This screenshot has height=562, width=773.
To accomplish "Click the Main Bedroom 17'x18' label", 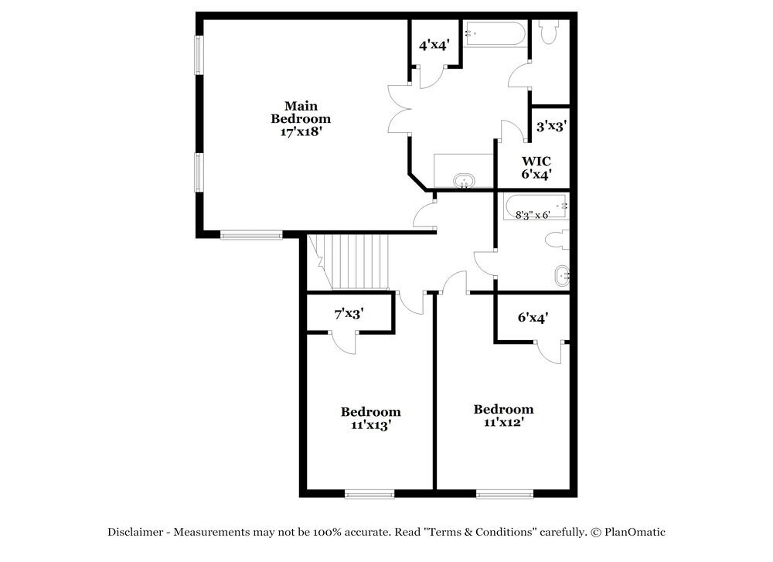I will pyautogui.click(x=301, y=119).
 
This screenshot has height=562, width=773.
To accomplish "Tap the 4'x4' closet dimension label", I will pyautogui.click(x=434, y=46).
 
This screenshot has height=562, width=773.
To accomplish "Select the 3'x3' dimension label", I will pyautogui.click(x=552, y=126).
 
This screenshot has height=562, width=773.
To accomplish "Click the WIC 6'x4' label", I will pyautogui.click(x=536, y=168).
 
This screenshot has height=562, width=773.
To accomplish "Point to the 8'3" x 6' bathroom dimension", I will pyautogui.click(x=533, y=215).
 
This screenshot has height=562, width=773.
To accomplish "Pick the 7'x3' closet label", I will pyautogui.click(x=349, y=315).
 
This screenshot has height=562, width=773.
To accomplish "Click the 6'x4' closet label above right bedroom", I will pyautogui.click(x=533, y=317).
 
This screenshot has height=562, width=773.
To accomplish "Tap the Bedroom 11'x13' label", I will pyautogui.click(x=371, y=418).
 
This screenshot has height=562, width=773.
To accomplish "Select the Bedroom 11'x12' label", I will pyautogui.click(x=503, y=416).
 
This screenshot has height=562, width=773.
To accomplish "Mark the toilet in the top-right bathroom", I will pyautogui.click(x=550, y=32).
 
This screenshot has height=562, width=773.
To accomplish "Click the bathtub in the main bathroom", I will pyautogui.click(x=495, y=34).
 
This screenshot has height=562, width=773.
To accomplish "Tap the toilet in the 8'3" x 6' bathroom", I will pyautogui.click(x=557, y=241).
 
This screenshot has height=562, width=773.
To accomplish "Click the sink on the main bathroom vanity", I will pyautogui.click(x=464, y=180).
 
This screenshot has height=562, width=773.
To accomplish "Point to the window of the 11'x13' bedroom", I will pyautogui.click(x=369, y=494).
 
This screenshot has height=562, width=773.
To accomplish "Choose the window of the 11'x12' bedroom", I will pyautogui.click(x=503, y=494).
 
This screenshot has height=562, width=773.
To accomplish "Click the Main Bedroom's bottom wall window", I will pyautogui.click(x=251, y=235).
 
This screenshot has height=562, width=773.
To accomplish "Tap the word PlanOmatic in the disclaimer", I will pyautogui.click(x=635, y=532).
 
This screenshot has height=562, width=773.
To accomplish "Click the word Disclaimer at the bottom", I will pyautogui.click(x=135, y=532).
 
